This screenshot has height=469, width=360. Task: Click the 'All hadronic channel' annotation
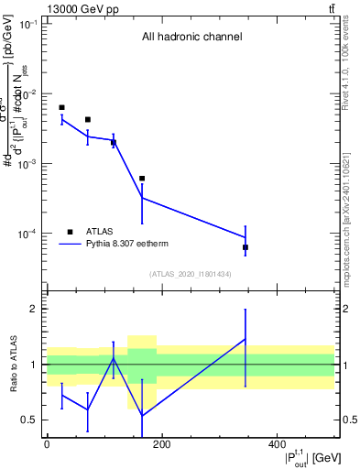pos(191,38)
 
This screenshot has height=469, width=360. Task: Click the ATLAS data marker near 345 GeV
pos(245,247)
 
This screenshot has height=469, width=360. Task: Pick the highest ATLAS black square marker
pos(61,107)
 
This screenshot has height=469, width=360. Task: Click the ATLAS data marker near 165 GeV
pos(142,179)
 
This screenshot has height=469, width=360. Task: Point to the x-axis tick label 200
pos(161,444)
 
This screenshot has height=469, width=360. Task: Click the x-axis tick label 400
pos(277,444)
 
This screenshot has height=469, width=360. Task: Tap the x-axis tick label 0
pos(47,444)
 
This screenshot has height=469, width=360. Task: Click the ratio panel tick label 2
pos(31,309)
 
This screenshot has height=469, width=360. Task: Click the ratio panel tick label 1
pos(31,365)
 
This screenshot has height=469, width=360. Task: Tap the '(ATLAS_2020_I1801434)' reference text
pos(191,274)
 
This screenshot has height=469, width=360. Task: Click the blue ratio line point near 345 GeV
pos(245,339)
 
